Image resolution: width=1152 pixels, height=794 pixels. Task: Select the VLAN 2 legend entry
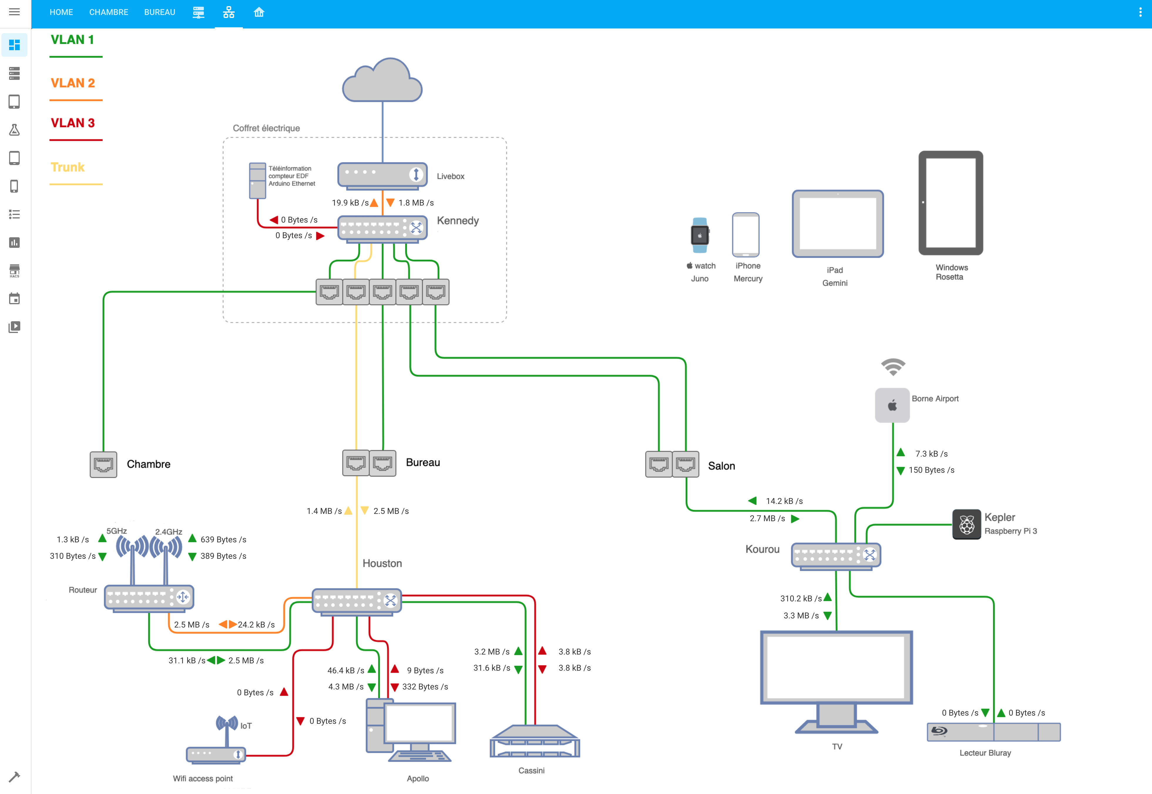coord(73,83)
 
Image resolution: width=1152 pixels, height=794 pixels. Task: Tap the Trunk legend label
coord(68,167)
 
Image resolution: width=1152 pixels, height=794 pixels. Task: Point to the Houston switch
coord(356,601)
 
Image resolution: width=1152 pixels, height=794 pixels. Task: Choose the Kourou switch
coord(836,556)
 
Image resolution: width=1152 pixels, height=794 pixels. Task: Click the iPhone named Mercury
coord(745,234)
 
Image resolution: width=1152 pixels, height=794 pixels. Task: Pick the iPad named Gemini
coord(837,224)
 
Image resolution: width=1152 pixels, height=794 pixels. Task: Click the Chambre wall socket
coord(103,465)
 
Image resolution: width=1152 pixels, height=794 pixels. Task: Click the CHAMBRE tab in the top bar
coord(108,12)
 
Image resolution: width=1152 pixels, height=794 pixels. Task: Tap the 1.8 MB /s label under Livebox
coord(416,203)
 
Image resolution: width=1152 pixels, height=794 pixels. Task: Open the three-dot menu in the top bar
coord(1140,12)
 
